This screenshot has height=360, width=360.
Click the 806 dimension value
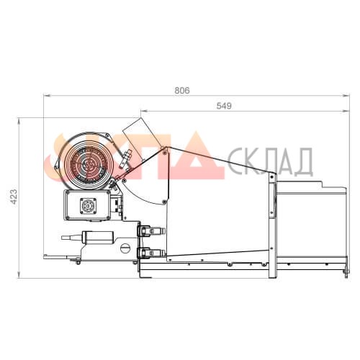coord(182,91)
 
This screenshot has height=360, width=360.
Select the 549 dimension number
coord(224,106)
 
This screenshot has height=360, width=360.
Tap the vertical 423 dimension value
coord(14,197)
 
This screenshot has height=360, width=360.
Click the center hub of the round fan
coord(89,164)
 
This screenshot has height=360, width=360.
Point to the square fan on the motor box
coord(88,206)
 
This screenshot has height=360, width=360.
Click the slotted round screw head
coord(125,248)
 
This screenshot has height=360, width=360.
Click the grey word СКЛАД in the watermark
coord(270,161)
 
